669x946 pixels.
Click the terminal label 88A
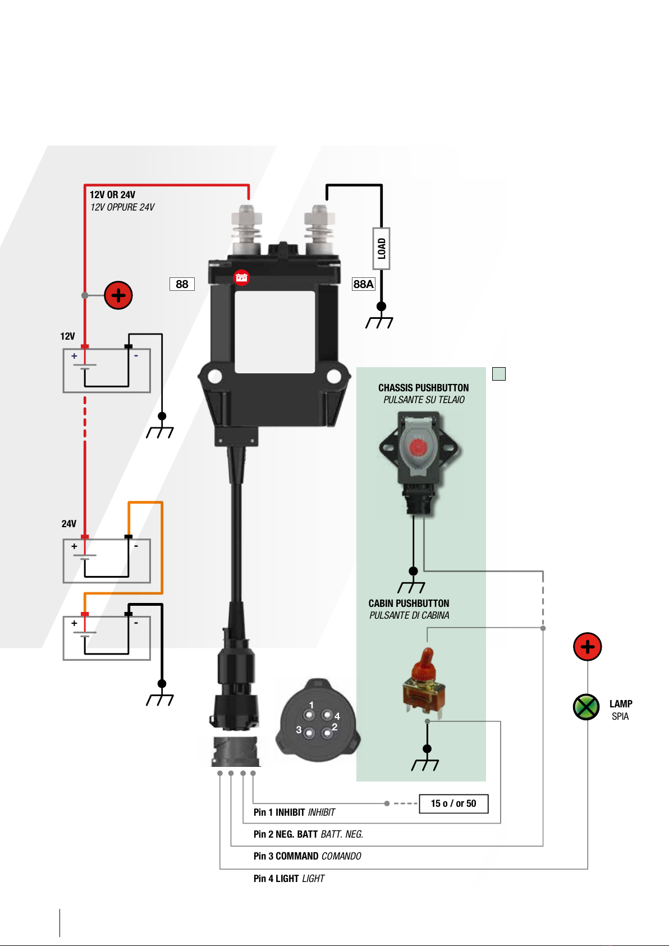coord(363,284)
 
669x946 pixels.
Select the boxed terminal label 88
coord(182,284)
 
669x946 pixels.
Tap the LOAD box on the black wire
coord(382,248)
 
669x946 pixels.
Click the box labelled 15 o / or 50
coord(453,803)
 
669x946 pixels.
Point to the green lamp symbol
coord(586,707)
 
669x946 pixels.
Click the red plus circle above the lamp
coord(587,647)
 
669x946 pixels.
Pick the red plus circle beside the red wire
coord(118,295)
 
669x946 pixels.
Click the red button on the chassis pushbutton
coord(418,447)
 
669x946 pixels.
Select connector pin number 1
coord(309,715)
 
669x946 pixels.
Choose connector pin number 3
coord(309,733)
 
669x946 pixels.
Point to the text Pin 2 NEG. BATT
coord(286,834)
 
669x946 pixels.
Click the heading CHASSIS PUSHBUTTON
coord(424,388)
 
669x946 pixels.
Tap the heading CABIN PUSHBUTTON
coord(409,604)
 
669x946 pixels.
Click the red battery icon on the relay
coord(241,277)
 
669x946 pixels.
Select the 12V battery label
coord(67,336)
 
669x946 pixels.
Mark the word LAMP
coord(621,704)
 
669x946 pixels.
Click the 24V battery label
coord(68,524)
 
